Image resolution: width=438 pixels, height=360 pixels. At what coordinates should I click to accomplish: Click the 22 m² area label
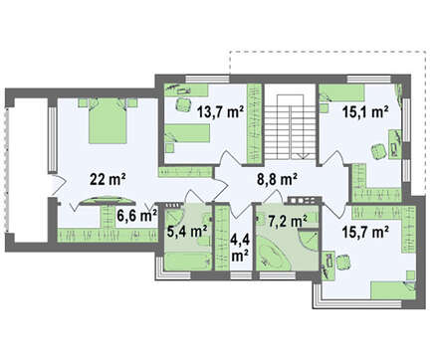pos(108,180)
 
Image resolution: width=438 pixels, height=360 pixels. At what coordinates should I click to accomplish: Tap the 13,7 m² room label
pos(220,112)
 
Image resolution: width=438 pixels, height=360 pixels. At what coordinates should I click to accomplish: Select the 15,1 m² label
pos(365,112)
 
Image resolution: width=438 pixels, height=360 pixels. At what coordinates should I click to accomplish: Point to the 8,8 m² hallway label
pos(277,180)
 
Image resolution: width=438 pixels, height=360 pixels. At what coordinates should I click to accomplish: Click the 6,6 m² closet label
pos(136,216)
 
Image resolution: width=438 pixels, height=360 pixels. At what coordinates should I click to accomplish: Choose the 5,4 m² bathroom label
pos(187,231)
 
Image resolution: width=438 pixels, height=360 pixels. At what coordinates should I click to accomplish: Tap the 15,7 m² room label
pos(365,233)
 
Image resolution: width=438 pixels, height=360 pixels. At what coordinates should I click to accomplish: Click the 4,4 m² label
pos(240,247)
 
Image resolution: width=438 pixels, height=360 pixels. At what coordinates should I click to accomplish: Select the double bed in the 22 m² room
pos(108,120)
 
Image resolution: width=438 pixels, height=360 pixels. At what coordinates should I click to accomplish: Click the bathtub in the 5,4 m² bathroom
pos(188,262)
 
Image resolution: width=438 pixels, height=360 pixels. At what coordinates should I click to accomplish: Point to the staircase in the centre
pos(290,127)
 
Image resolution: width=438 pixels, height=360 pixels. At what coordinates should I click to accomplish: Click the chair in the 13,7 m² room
pos(183,104)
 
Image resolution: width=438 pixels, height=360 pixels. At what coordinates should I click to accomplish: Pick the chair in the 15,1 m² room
pos(378,152)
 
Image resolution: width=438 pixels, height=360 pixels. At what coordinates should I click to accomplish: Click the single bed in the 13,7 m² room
pos(187,133)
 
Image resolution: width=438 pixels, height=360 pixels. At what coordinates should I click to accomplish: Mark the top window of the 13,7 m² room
pos(207,80)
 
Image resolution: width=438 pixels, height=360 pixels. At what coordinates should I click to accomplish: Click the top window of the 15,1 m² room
pos(369,80)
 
